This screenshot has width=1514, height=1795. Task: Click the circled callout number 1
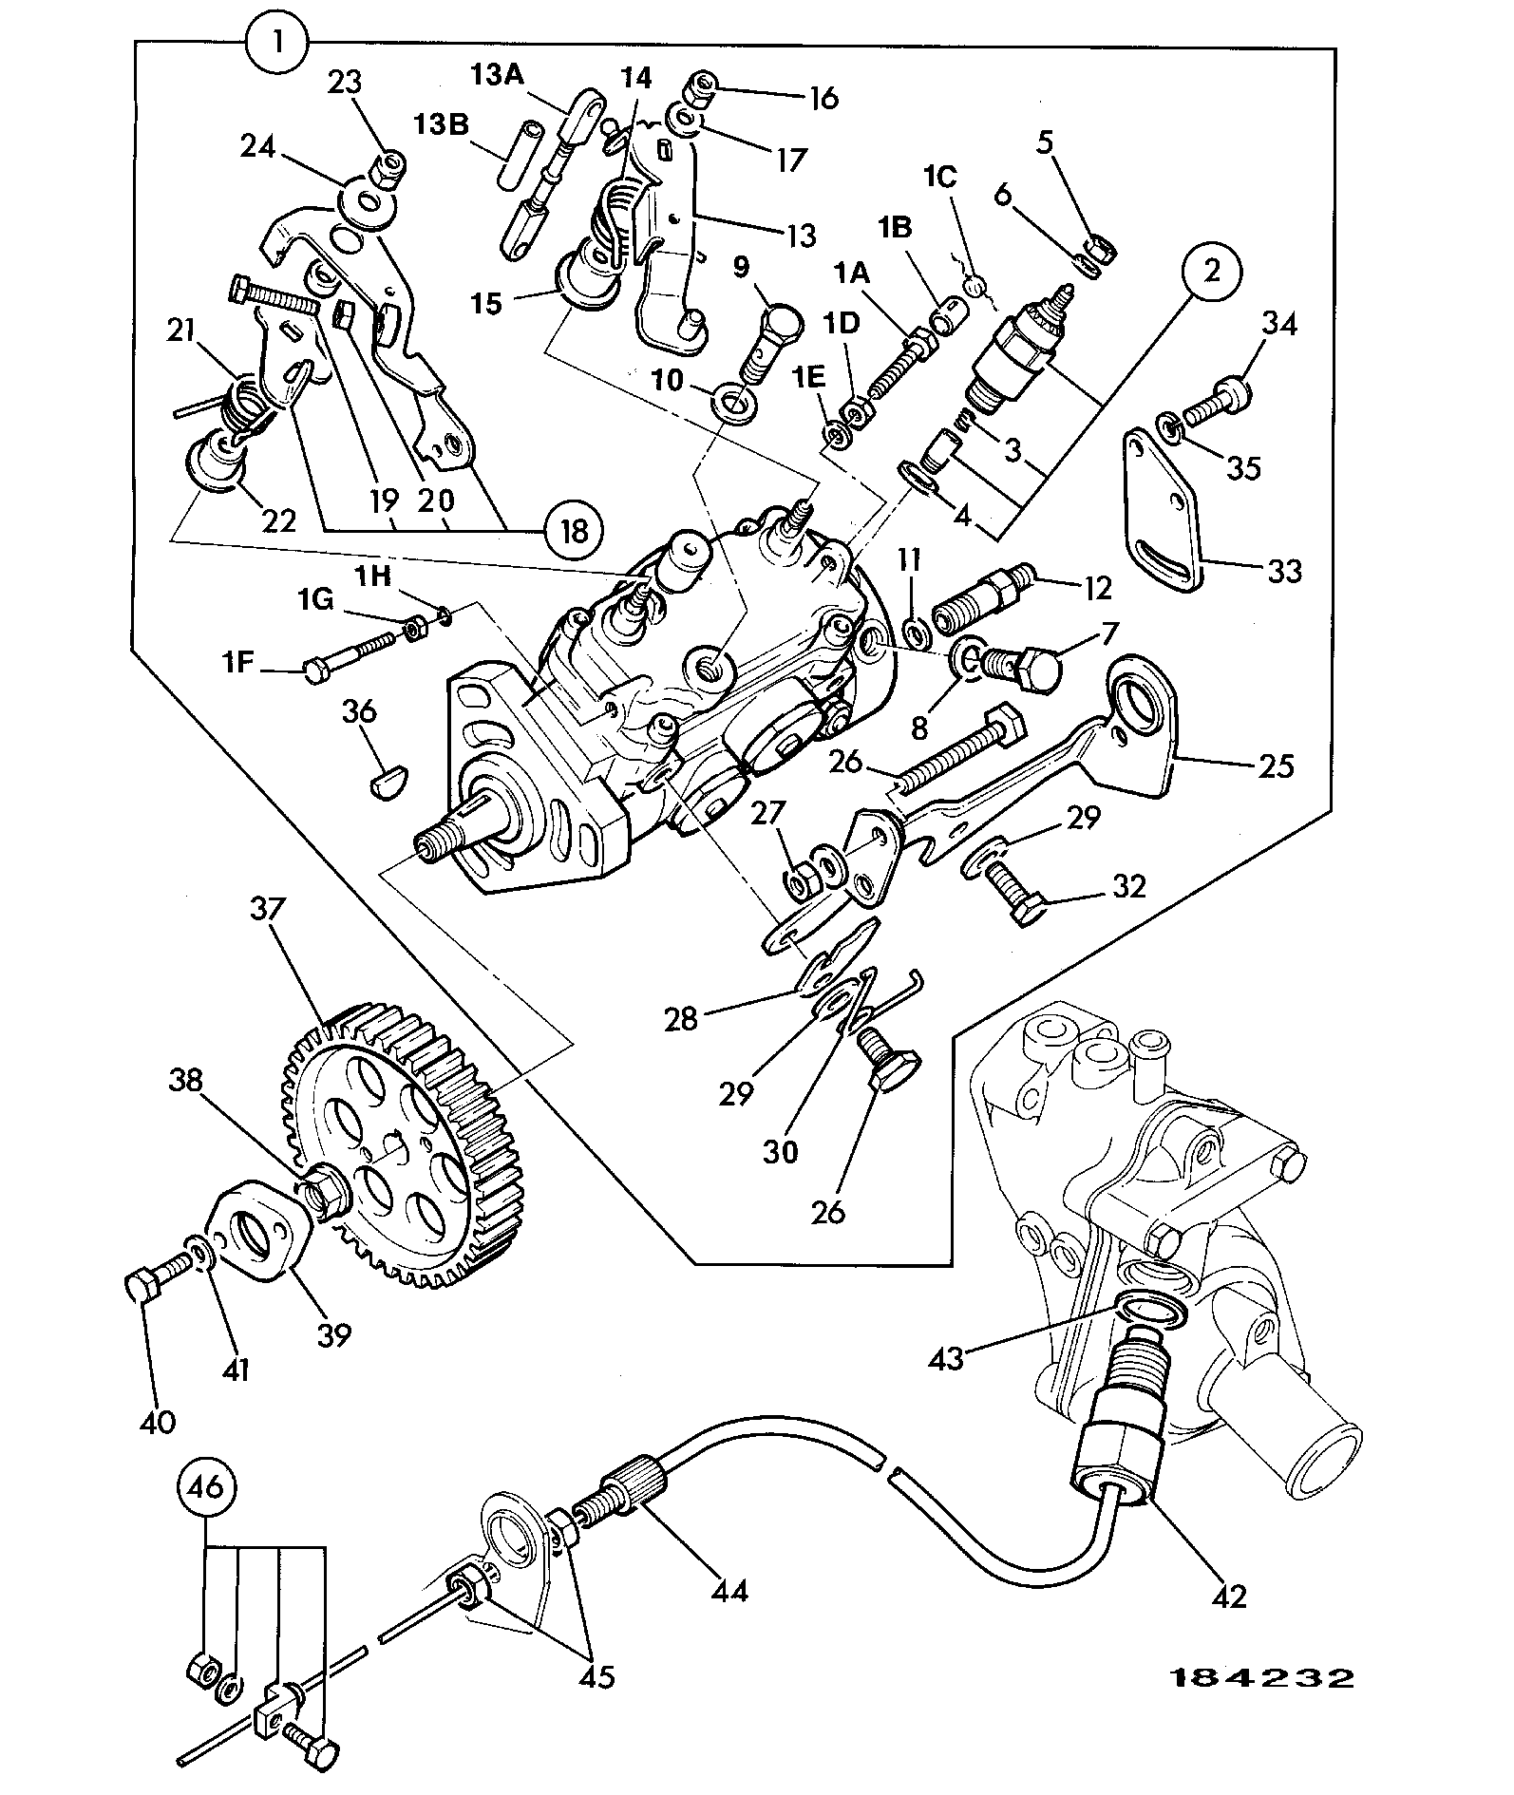(276, 44)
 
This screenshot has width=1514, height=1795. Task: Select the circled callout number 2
(1211, 272)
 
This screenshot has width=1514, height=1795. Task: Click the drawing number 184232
(1259, 1677)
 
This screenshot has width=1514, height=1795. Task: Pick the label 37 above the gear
(267, 909)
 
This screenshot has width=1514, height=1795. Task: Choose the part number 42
(1229, 1597)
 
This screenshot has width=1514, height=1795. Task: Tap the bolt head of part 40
(141, 1288)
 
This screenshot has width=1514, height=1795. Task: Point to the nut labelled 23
(389, 171)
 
